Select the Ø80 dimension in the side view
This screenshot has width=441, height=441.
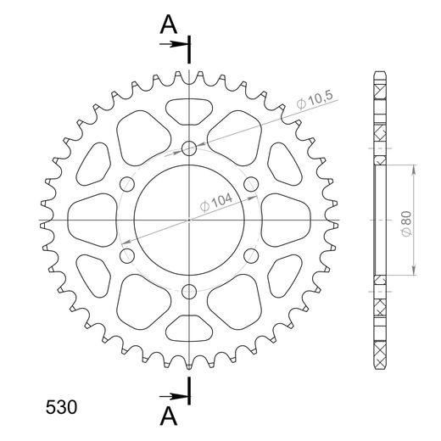[406, 222]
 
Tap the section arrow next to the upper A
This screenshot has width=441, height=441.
[176, 44]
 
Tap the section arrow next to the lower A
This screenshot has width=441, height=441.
[176, 396]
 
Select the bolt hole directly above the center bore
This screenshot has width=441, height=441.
[188, 149]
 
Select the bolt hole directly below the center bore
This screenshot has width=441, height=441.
[188, 293]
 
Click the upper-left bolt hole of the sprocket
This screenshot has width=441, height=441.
[127, 184]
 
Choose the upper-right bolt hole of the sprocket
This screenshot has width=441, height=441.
[250, 184]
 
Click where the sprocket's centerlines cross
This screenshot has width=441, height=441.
[188, 220]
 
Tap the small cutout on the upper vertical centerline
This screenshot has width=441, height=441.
[188, 109]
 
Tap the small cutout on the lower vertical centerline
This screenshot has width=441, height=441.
[188, 332]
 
